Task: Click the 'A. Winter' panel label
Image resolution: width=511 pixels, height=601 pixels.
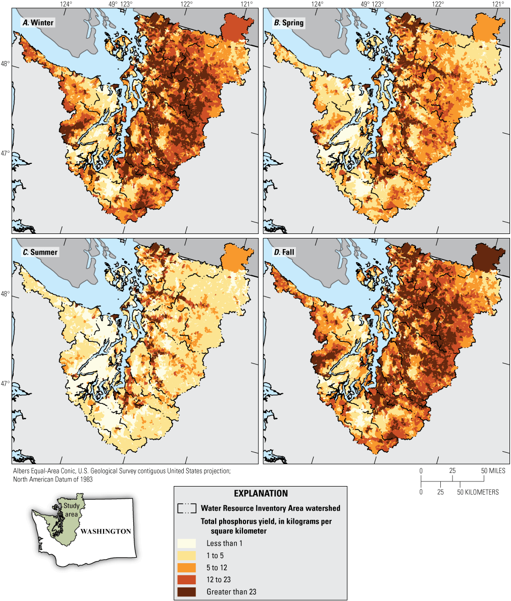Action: tap(37, 23)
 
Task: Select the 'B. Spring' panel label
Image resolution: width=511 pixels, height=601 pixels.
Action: tap(289, 23)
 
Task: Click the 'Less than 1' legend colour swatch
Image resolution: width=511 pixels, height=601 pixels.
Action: tap(186, 543)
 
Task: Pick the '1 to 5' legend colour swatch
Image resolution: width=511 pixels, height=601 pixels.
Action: tap(186, 555)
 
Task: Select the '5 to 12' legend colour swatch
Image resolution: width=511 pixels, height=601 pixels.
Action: tap(186, 567)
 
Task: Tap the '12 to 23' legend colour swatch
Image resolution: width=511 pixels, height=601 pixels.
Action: tap(186, 579)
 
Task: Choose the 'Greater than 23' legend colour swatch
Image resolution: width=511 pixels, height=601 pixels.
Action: tap(186, 591)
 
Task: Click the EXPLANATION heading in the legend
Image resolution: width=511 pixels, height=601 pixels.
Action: tap(261, 494)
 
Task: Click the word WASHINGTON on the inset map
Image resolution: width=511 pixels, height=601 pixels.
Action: tap(106, 531)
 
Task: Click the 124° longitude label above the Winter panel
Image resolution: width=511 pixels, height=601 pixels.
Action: tap(66, 4)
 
